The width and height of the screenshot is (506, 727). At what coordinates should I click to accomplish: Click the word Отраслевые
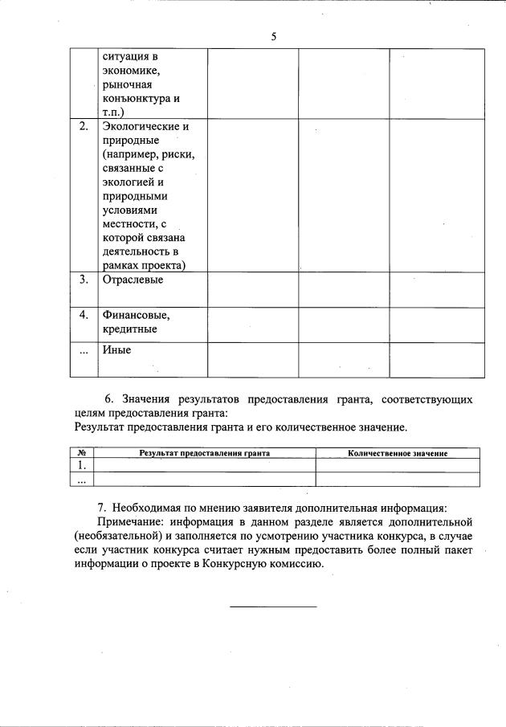tap(133, 280)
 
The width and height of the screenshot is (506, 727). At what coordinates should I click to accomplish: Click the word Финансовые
tap(136, 315)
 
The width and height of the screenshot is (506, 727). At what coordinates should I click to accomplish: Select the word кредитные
tap(129, 329)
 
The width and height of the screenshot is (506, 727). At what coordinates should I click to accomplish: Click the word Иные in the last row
tap(116, 349)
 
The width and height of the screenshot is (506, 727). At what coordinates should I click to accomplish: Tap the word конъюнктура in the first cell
tap(137, 98)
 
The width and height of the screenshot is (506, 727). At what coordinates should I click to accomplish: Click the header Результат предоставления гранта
tap(204, 453)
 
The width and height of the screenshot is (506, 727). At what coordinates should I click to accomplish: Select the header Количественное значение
tap(398, 453)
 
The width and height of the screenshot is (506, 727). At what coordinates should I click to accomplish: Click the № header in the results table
tap(81, 453)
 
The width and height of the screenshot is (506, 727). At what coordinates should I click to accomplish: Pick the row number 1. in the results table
tap(81, 465)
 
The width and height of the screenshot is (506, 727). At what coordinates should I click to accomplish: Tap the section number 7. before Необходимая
tap(102, 508)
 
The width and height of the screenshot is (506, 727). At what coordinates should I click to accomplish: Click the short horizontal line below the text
tap(273, 606)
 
